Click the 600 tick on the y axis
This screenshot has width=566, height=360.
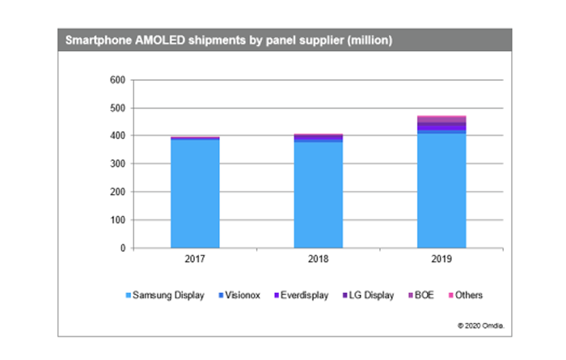click(116, 80)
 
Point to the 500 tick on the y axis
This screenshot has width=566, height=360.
click(116, 108)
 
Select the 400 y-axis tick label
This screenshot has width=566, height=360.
click(116, 136)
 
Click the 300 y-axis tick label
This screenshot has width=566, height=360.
click(116, 164)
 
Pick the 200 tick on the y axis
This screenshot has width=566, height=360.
click(116, 192)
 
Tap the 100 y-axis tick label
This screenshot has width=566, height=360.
click(116, 220)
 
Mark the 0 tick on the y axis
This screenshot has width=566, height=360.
click(122, 248)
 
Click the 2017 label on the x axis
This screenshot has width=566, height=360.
click(195, 261)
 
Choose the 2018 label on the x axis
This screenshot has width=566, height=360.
click(318, 261)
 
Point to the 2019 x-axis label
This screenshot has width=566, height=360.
click(441, 261)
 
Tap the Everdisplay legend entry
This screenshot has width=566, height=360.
click(301, 296)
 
